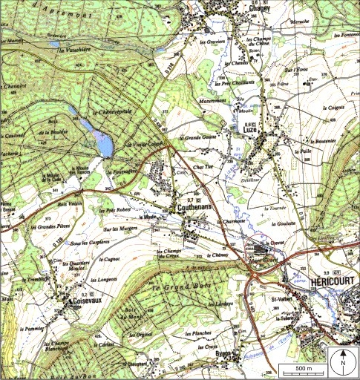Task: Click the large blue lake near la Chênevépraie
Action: [x=100, y=137]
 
